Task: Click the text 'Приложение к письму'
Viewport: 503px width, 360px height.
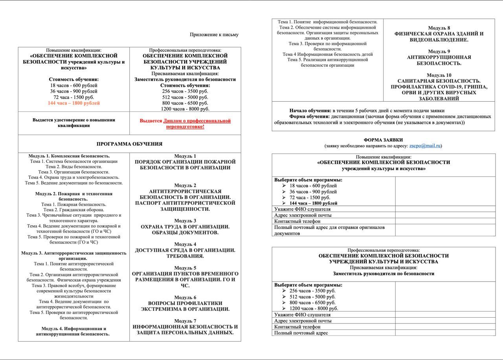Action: pyautogui.click(x=214, y=35)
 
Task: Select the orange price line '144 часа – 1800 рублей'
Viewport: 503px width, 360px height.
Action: pyautogui.click(x=74, y=103)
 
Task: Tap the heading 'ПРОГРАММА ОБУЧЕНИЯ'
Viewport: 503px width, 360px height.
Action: pyautogui.click(x=129, y=144)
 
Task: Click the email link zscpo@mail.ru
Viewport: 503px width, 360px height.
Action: pyautogui.click(x=425, y=146)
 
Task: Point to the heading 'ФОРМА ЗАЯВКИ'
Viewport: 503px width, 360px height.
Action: pyautogui.click(x=383, y=140)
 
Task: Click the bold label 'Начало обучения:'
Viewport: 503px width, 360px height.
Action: pyautogui.click(x=310, y=110)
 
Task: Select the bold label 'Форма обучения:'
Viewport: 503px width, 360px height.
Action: pyautogui.click(x=309, y=116)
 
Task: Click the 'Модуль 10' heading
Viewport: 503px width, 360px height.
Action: pyautogui.click(x=439, y=75)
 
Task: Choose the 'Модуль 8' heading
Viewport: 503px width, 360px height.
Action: pyautogui.click(x=439, y=28)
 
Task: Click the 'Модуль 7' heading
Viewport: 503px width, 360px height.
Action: pyautogui.click(x=185, y=321)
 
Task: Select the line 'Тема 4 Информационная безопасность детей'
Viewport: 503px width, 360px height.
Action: pyautogui.click(x=328, y=54)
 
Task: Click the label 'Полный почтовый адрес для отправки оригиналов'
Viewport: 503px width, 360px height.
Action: pyautogui.click(x=329, y=227)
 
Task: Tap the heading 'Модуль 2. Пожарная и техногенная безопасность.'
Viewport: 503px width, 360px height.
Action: pyautogui.click(x=74, y=196)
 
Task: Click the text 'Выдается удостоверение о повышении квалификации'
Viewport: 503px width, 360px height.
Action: pyautogui.click(x=74, y=122)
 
